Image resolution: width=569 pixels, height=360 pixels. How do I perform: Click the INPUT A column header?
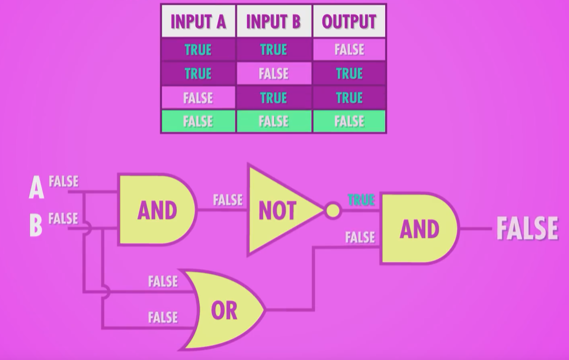[198, 21]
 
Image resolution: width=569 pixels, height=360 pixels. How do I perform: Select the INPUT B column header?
[273, 21]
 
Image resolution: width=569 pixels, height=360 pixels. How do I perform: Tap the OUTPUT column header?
[349, 21]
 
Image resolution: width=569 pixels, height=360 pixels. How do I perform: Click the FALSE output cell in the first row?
[349, 50]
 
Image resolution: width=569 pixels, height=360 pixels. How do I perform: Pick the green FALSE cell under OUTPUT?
[349, 122]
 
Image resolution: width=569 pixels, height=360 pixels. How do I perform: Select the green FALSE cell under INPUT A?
[198, 122]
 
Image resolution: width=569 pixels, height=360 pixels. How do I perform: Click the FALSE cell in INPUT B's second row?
[273, 74]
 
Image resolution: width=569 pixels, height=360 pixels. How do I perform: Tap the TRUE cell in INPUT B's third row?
[273, 98]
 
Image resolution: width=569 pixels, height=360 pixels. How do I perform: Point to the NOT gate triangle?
[281, 211]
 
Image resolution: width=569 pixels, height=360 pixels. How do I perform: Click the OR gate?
[226, 310]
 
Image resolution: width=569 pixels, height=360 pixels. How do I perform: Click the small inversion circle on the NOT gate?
[333, 211]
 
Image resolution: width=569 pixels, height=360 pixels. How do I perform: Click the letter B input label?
[36, 224]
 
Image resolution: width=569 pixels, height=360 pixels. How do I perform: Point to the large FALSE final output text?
[527, 229]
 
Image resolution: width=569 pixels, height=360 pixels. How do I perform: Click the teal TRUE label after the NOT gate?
[361, 200]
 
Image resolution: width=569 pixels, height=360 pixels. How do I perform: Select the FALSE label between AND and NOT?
[228, 200]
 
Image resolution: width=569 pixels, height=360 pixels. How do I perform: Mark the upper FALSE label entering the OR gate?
[163, 282]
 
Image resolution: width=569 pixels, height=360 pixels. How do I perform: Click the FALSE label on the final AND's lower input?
[360, 237]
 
